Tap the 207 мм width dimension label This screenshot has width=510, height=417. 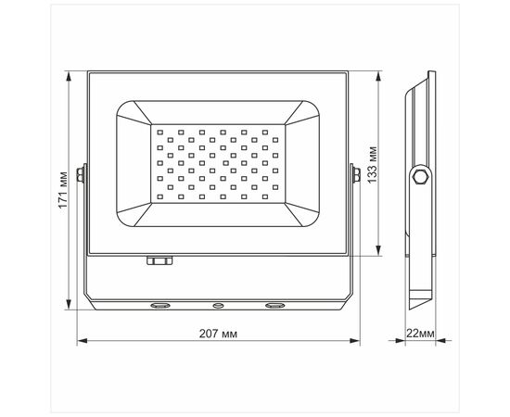point(219,332)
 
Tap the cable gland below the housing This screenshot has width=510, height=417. point(159,261)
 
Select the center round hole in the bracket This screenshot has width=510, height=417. point(219,304)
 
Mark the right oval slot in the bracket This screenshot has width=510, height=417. point(275,304)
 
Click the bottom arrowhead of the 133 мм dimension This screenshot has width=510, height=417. point(378,252)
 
